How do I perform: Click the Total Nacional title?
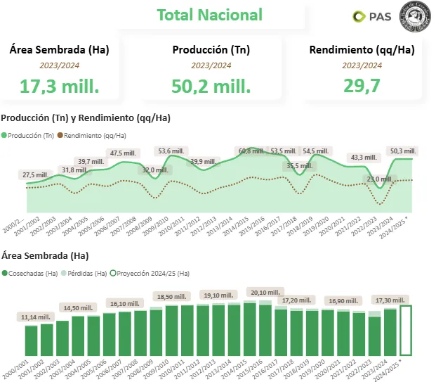point(209,15)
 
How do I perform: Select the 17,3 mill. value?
point(59,87)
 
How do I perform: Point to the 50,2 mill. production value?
point(211,87)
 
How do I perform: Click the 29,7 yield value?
point(362,87)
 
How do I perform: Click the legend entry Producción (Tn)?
point(28,135)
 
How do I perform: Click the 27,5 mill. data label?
point(36,175)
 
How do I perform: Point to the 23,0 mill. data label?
point(382,179)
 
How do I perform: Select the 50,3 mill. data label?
point(403,151)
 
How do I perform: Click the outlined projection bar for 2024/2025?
point(406,330)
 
